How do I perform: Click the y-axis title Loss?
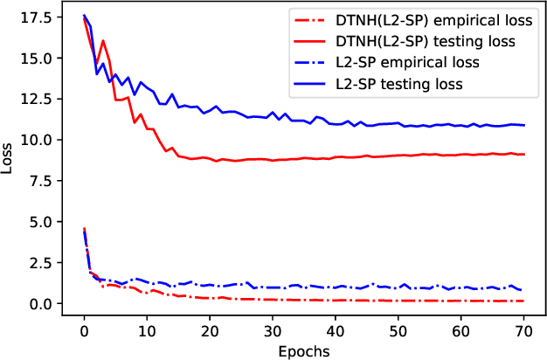tap(9, 160)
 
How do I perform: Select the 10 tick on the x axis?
tap(147, 331)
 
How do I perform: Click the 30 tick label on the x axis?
tap(273, 331)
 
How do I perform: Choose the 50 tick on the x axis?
tap(398, 331)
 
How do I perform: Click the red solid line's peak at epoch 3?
tap(103, 40)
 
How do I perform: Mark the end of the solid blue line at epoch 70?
tap(524, 125)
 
